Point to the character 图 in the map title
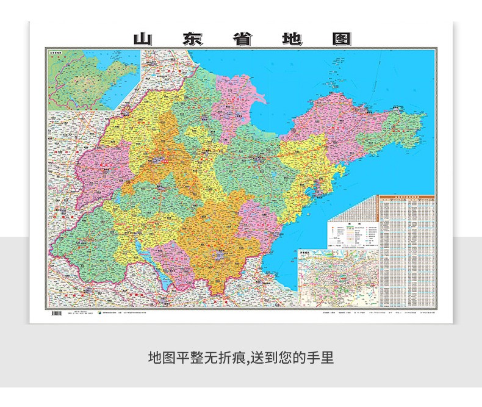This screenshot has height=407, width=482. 341,38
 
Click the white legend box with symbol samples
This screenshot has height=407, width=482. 352,234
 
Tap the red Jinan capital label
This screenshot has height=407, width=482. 162,160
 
